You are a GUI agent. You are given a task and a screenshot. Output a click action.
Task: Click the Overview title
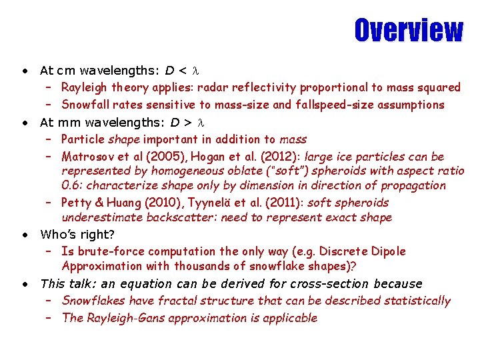click(408, 30)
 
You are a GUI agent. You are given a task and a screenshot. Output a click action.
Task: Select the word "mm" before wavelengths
click(68, 122)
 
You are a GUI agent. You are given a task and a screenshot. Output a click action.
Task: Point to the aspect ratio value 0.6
click(71, 185)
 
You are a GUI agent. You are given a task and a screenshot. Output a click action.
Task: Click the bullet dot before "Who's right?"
click(24, 235)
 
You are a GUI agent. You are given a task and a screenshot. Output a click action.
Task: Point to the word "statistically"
click(417, 301)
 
